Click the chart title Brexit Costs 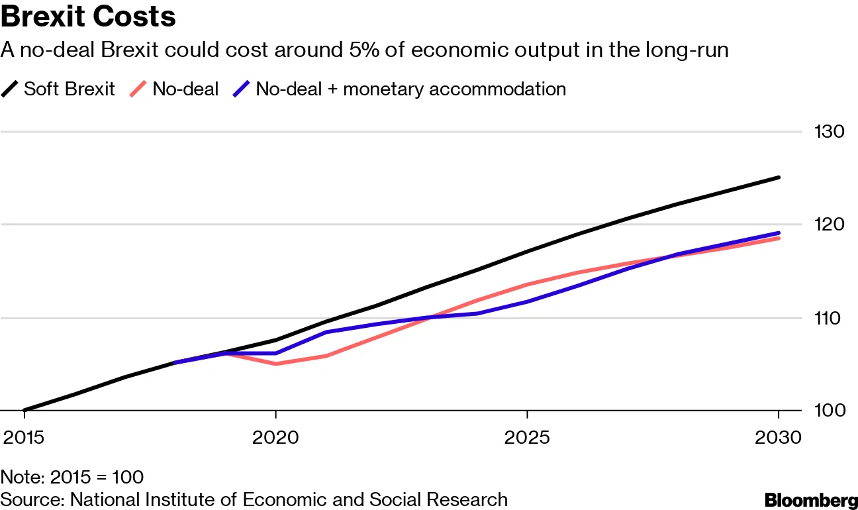click(88, 17)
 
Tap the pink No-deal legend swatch click(138, 89)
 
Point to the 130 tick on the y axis click(829, 132)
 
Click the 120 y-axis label click(829, 225)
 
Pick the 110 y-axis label click(829, 318)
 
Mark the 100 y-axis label click(829, 411)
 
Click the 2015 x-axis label click(24, 438)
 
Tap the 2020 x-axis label click(275, 438)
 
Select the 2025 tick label click(527, 438)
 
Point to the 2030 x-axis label click(778, 438)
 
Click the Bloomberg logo click(810, 499)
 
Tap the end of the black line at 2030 click(779, 178)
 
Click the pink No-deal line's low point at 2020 click(275, 364)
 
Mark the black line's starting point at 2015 click(24, 411)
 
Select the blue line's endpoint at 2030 click(779, 233)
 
